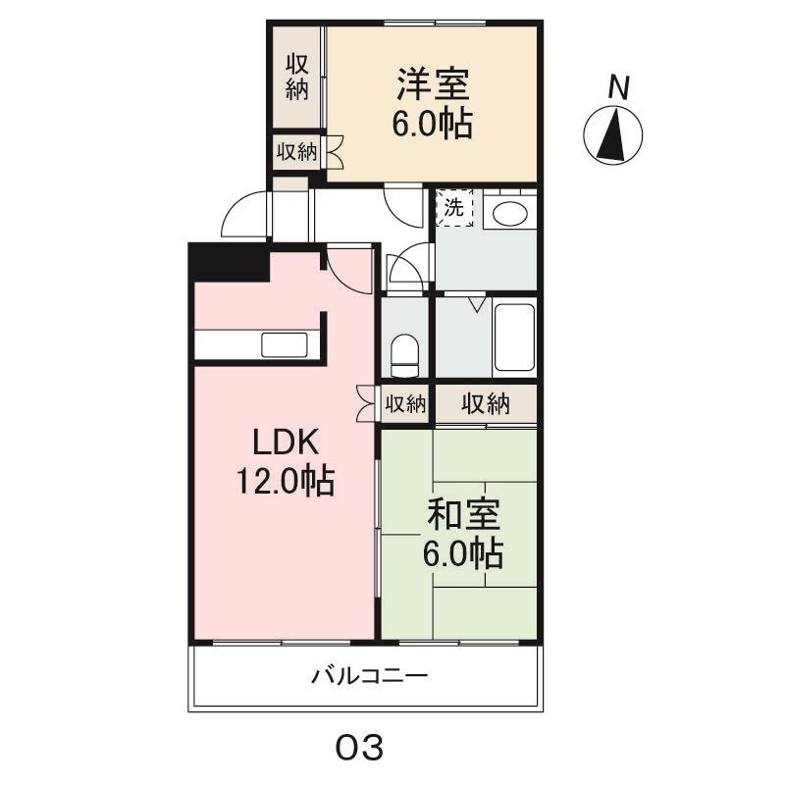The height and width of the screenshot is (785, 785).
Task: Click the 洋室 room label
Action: click(x=433, y=83)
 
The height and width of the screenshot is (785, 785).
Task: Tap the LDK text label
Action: click(x=286, y=444)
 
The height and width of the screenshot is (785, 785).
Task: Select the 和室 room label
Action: click(x=464, y=515)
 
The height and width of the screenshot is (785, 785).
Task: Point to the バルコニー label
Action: click(x=370, y=676)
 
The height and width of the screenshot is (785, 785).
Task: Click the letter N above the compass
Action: click(x=617, y=88)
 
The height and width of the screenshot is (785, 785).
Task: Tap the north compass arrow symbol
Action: click(x=613, y=136)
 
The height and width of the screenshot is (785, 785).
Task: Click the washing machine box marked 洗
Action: click(x=453, y=208)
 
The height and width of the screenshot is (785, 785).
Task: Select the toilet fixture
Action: click(x=404, y=352)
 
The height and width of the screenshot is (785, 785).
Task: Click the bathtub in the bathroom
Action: click(x=514, y=338)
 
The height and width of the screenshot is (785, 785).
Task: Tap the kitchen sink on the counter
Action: click(x=285, y=345)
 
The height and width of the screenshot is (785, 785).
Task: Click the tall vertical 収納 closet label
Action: click(x=298, y=76)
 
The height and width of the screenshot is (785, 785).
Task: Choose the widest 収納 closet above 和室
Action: click(x=486, y=403)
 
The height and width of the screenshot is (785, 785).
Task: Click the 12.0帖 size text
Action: click(x=284, y=481)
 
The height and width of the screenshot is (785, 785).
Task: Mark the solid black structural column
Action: click(x=229, y=263)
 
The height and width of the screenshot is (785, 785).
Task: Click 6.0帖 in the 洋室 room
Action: click(x=433, y=125)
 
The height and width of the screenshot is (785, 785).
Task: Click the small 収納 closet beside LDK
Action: click(x=404, y=403)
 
